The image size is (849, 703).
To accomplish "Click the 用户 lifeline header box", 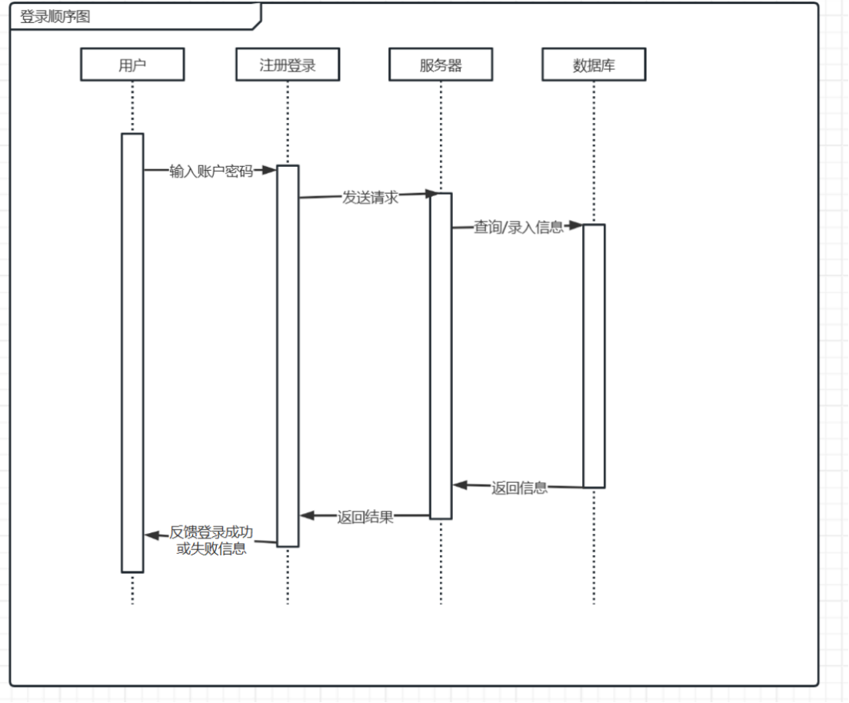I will (x=132, y=65).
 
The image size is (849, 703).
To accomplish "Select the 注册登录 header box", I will (x=287, y=65).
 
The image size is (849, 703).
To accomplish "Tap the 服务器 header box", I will (x=441, y=65).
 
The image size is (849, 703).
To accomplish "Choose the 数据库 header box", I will (x=594, y=65).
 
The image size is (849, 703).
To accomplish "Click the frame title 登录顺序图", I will (x=55, y=16).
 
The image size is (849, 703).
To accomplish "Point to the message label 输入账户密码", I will (x=211, y=171).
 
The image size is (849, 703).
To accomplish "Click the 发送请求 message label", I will (x=370, y=197).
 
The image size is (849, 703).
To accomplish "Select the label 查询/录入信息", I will (x=518, y=227).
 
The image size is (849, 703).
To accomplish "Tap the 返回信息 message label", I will (x=520, y=487).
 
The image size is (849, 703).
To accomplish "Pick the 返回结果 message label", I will (x=365, y=517).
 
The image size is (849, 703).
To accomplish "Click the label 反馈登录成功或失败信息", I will (x=211, y=540).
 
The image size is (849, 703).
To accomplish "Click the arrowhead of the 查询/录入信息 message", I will (x=575, y=225).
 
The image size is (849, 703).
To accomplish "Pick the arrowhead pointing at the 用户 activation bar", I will (x=152, y=535).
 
